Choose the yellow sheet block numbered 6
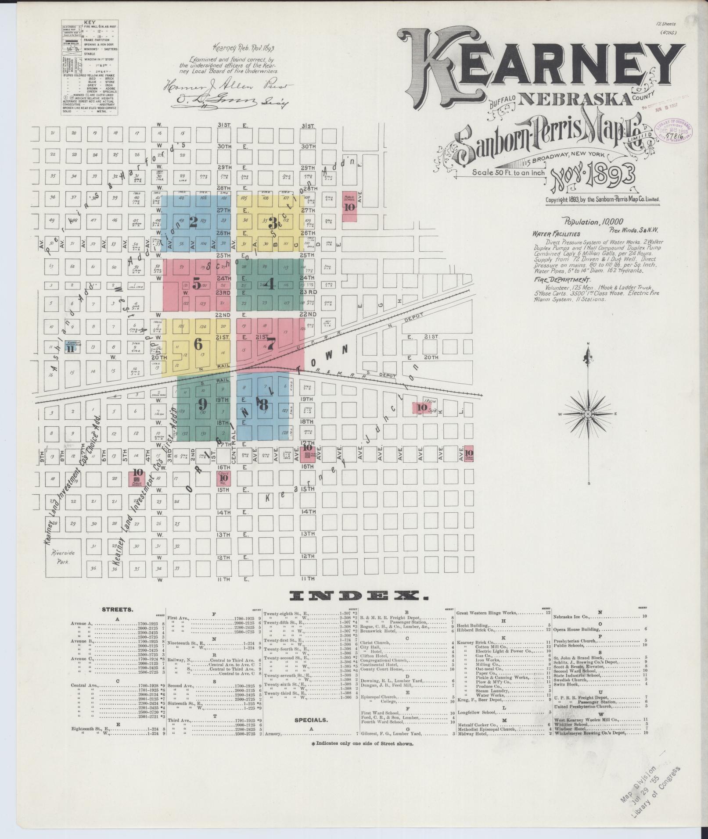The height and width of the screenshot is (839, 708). click(198, 345)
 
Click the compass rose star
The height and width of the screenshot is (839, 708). click(588, 414)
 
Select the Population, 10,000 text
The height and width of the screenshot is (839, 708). click(593, 222)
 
